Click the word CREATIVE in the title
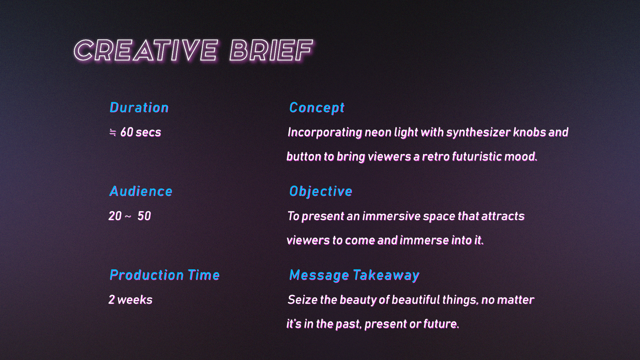(x=146, y=51)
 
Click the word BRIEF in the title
(x=271, y=51)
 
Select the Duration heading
(x=139, y=108)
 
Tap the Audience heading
(x=141, y=191)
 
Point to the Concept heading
(x=317, y=108)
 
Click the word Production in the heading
(x=146, y=275)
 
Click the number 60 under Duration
(x=127, y=132)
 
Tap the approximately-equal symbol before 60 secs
(x=113, y=133)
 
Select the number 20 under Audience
(x=115, y=216)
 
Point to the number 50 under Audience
(x=144, y=216)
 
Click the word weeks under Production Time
(x=135, y=300)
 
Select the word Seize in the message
(x=302, y=300)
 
